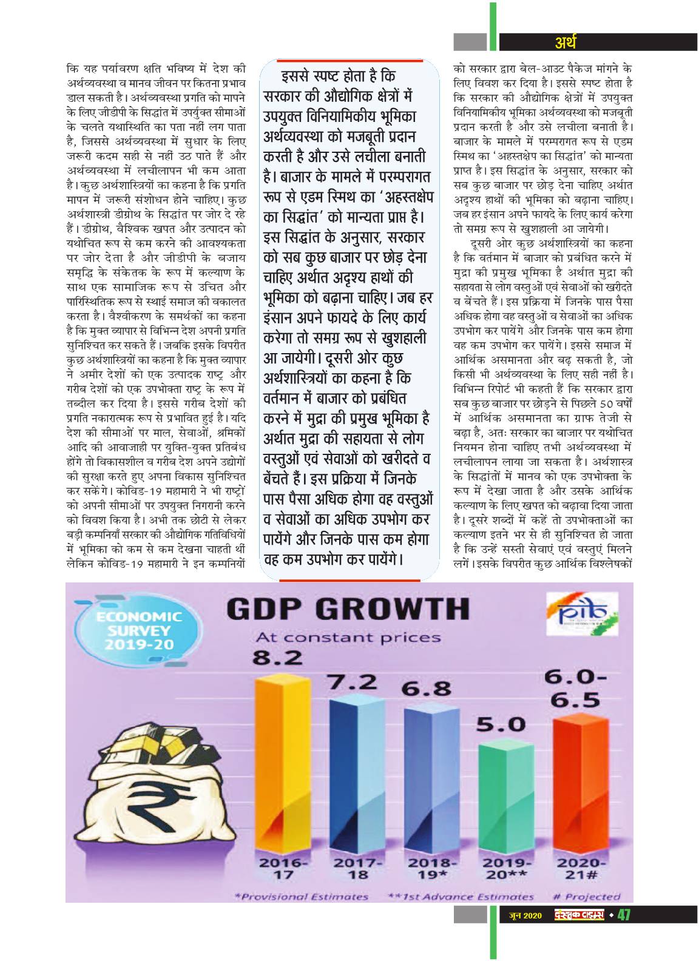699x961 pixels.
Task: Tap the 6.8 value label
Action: click(427, 689)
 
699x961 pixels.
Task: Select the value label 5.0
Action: click(501, 725)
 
